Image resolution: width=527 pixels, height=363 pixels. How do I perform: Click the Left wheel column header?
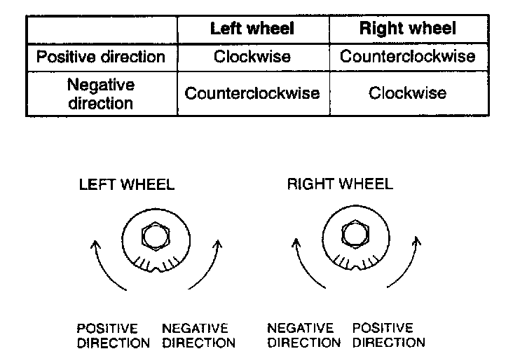pos(252,29)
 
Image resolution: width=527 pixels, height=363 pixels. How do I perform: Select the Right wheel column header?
pos(407,29)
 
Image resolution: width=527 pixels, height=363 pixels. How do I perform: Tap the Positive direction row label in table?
pos(100,56)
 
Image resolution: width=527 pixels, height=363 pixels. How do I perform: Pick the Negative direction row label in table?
pos(100,94)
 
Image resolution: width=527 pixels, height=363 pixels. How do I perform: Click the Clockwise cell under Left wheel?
pos(252,56)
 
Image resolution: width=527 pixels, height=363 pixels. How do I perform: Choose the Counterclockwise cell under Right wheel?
pos(407,56)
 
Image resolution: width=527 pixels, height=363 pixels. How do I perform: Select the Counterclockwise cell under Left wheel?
pos(252,93)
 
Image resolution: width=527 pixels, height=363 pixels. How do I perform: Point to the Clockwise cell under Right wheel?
pos(407,93)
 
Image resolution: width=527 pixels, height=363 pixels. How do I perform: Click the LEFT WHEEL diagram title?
pos(127,185)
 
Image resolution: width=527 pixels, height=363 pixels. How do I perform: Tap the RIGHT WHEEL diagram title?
pos(340,185)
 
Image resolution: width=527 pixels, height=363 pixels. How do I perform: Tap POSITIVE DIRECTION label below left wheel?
pos(113,336)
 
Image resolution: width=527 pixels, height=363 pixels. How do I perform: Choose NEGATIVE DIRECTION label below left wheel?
pos(198,336)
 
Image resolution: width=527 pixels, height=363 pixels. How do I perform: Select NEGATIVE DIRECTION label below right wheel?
pos(304,336)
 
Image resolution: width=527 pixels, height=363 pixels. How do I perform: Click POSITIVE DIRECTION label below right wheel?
pos(389,336)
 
